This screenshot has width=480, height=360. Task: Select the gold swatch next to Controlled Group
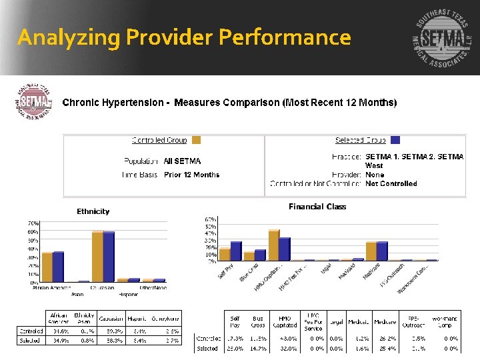196,140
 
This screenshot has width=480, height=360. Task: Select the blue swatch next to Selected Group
395,140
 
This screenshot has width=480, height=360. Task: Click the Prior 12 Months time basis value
191,175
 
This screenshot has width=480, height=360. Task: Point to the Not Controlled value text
391,183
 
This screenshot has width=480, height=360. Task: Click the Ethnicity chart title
93,211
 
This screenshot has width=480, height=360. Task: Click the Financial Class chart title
317,207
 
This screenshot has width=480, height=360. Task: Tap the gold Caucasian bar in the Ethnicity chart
98,257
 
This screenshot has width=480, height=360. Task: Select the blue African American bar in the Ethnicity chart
58,267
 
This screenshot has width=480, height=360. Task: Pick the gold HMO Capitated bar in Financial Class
273,245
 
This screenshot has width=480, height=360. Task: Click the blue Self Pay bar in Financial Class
236,251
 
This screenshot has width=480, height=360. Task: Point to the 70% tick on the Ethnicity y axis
32,223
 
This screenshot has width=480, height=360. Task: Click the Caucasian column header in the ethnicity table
111,319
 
